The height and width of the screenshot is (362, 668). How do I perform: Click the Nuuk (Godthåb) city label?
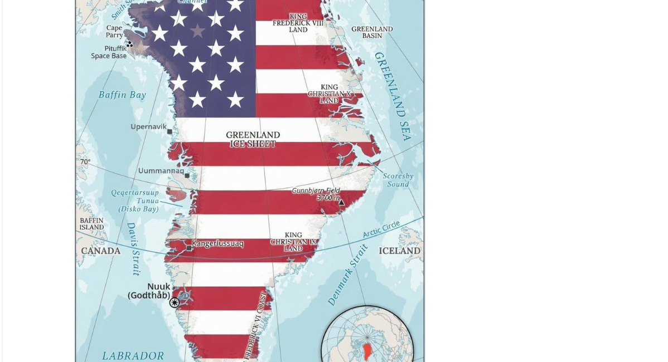click(x=149, y=291)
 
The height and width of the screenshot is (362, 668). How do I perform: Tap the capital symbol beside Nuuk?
click(x=175, y=302)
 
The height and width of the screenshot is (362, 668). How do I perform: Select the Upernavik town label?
click(x=148, y=127)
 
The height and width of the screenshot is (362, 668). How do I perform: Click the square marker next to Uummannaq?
click(x=187, y=176)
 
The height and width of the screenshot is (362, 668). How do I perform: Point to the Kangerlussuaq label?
click(x=217, y=243)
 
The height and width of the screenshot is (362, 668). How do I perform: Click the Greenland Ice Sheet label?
click(x=253, y=139)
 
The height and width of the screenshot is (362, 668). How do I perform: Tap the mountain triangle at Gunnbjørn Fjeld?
click(x=341, y=203)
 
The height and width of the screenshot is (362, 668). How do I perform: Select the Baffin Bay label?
click(x=122, y=95)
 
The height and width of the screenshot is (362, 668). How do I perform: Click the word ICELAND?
click(x=399, y=251)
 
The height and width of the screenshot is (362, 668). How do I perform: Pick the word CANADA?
click(x=100, y=251)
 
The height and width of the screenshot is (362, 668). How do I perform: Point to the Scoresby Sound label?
click(x=398, y=180)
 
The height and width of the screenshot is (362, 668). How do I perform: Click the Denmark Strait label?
click(x=347, y=275)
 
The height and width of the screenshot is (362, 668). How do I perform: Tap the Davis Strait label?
click(x=133, y=249)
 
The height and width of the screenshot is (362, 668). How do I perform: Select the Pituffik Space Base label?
click(x=109, y=52)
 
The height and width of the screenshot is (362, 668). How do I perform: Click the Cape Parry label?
click(x=114, y=31)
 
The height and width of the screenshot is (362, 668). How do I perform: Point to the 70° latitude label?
click(x=85, y=162)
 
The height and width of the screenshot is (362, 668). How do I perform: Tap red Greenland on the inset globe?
click(x=367, y=351)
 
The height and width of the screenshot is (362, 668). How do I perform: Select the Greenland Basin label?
click(x=372, y=32)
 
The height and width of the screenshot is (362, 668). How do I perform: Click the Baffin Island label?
click(x=91, y=224)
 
